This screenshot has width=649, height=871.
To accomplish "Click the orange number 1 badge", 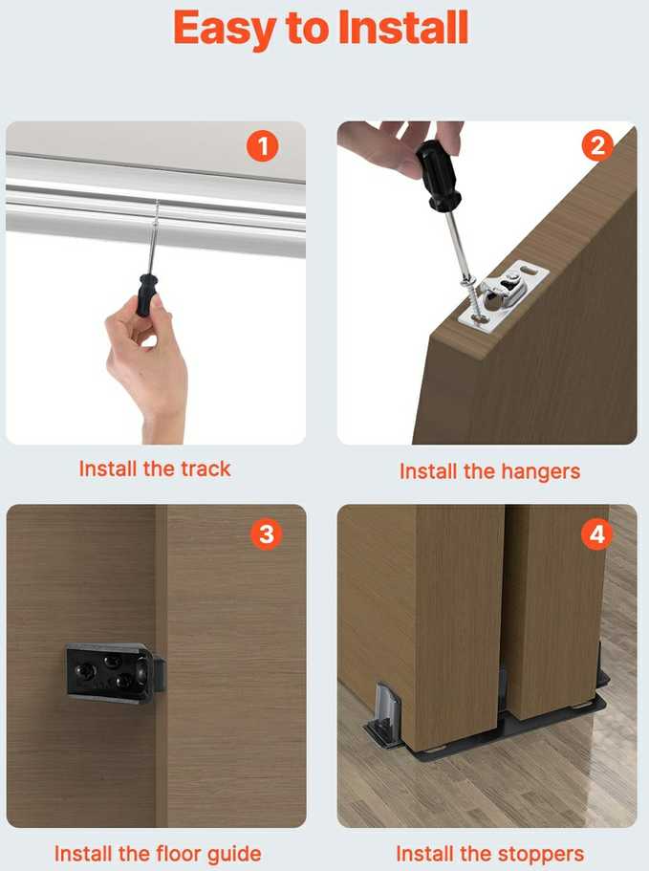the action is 263,146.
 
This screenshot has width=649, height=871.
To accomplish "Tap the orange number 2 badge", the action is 597,145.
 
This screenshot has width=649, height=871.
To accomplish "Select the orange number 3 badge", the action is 267,533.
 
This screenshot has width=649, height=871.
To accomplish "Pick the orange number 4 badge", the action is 596,533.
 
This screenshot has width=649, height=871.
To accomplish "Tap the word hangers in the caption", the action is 540,472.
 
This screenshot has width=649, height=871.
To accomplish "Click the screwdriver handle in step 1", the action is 146,295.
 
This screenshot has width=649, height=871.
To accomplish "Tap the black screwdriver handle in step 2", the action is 438,175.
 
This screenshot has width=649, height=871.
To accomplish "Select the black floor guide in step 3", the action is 115,673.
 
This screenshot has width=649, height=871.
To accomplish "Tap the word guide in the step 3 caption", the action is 234,855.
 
